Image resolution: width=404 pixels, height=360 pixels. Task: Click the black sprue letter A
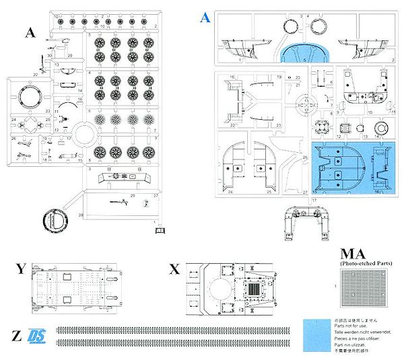coord(30,32)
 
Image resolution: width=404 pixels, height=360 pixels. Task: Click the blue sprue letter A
coord(205,17)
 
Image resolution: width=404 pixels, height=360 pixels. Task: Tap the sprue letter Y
coord(21,270)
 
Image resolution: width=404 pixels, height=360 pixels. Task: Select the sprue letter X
coord(174,270)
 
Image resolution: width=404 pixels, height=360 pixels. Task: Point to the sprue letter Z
coord(15,334)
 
